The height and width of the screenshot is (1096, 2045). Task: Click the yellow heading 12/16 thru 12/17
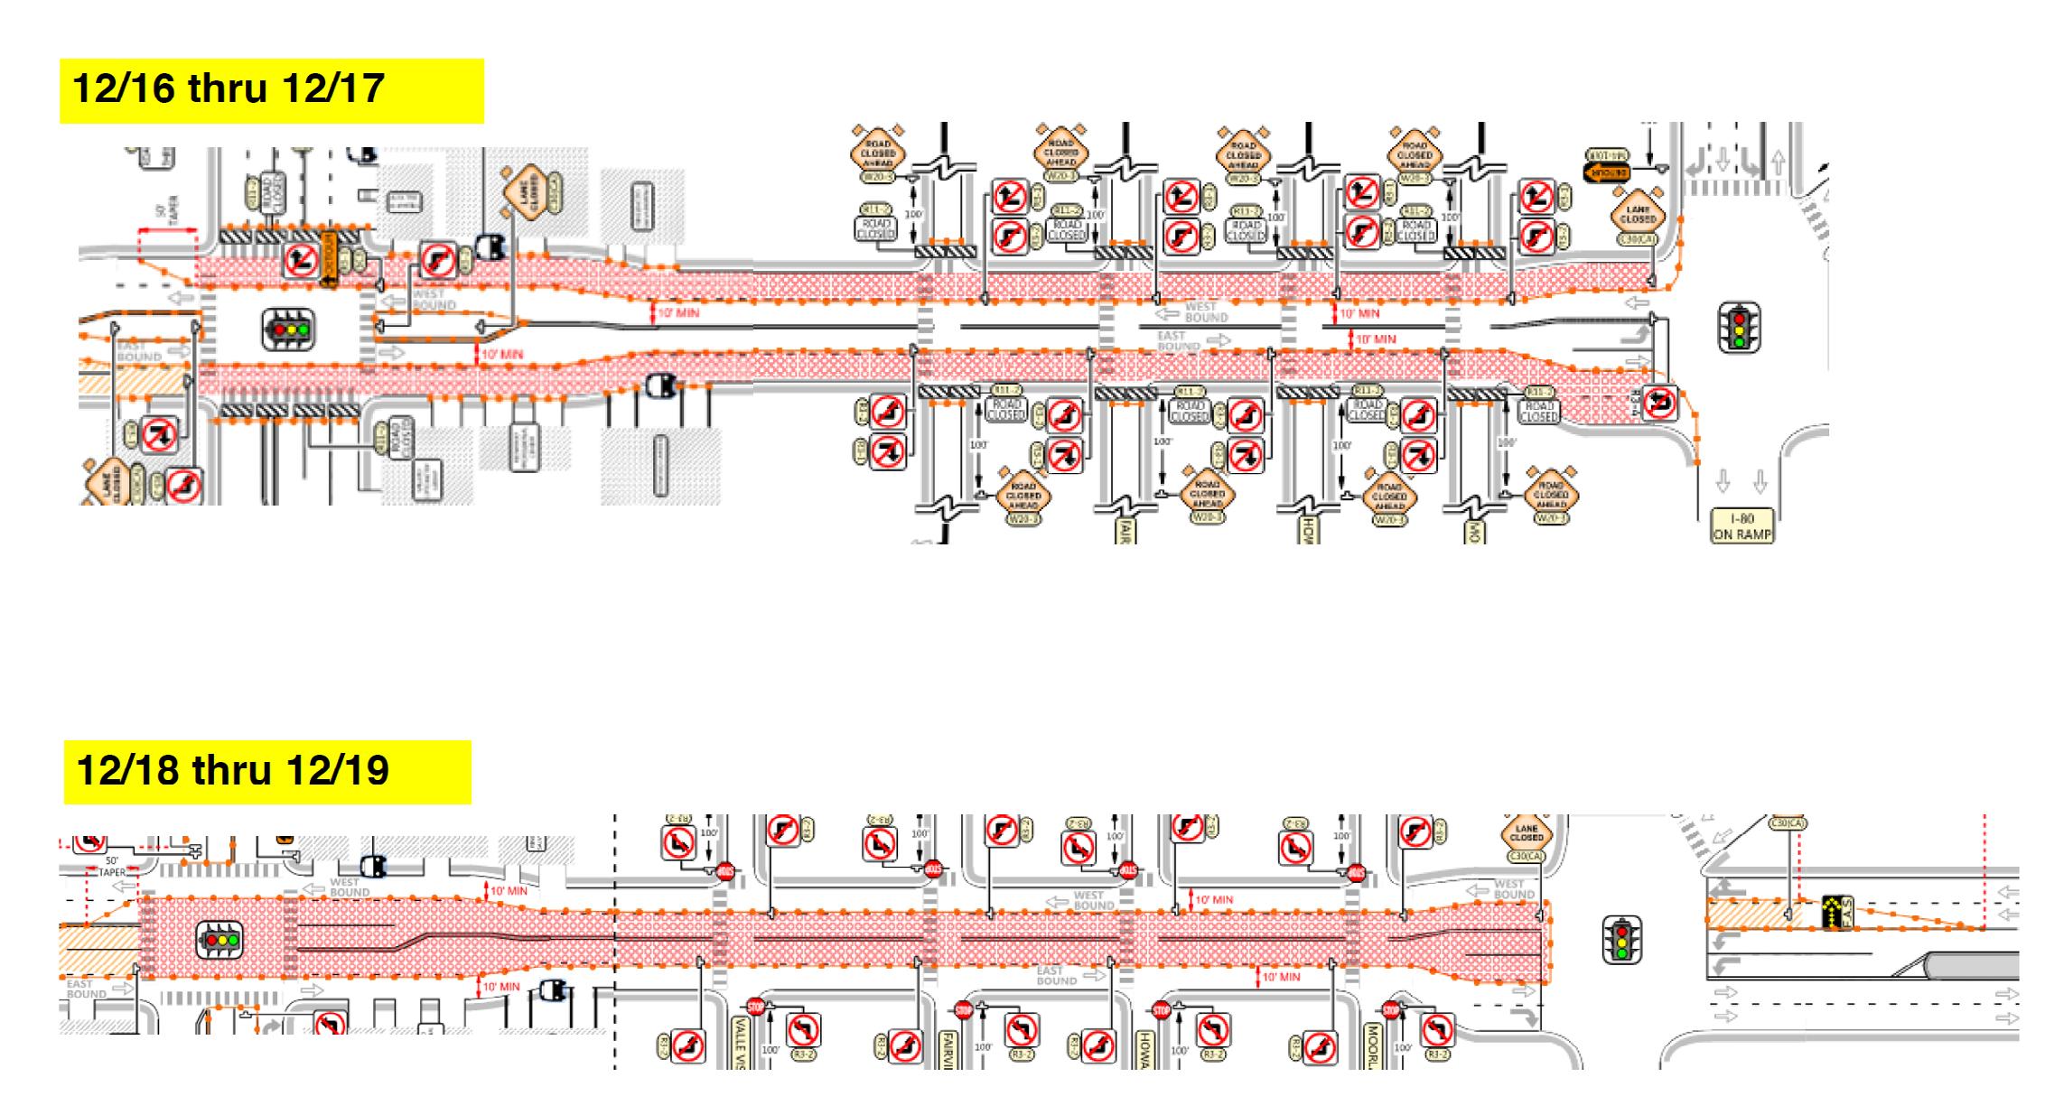[271, 90]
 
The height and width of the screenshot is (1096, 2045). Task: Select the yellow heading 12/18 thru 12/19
[267, 772]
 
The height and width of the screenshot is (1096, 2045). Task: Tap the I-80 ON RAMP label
[1742, 525]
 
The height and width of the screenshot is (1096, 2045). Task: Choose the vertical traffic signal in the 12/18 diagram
[1622, 940]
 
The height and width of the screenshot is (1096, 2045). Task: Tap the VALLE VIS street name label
[740, 1043]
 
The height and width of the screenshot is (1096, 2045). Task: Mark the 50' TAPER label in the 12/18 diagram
[112, 867]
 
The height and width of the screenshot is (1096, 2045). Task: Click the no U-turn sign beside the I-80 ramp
[1660, 403]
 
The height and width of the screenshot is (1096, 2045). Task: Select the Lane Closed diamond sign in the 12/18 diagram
[1527, 836]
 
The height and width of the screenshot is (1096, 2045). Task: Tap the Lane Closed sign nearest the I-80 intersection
[1638, 215]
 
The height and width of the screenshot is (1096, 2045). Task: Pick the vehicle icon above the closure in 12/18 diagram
[373, 867]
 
